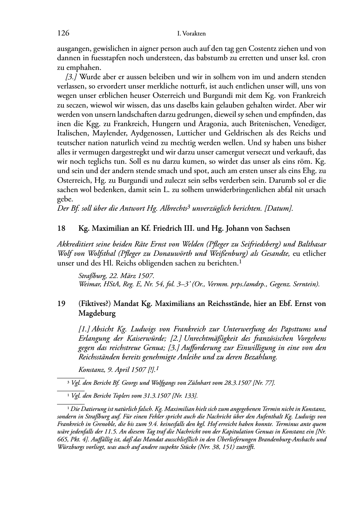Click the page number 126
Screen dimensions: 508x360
pyautogui.click(x=63, y=33)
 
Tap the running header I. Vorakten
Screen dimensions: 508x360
pyautogui.click(x=191, y=34)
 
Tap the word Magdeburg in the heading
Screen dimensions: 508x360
pyautogui.click(x=97, y=313)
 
